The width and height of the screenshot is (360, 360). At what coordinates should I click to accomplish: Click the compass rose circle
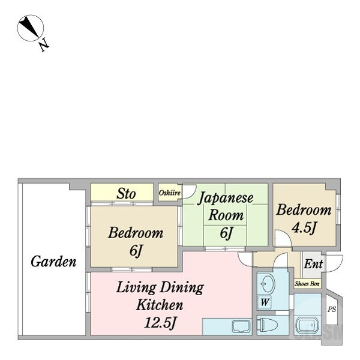coord(31,28)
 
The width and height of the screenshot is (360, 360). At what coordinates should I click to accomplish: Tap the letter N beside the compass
coord(44,44)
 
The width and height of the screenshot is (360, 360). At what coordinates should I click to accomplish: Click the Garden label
coord(53,262)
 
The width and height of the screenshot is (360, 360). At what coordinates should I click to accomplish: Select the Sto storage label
coord(126,194)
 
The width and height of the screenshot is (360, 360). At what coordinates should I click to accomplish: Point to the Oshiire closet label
coord(169,193)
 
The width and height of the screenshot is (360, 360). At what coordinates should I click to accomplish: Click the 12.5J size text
coord(161,323)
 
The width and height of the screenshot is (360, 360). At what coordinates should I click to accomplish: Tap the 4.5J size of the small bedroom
coord(304,228)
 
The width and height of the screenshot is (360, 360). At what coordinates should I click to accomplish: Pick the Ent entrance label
coord(313,264)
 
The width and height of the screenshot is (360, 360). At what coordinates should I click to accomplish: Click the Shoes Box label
coord(307,284)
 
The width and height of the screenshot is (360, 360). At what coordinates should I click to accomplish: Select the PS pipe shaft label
coord(332,310)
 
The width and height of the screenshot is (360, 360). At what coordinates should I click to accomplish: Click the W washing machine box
coord(265,302)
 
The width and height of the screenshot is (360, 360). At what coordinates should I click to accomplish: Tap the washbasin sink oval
coord(268,284)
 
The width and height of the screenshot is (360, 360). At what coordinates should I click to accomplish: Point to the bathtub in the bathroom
coord(308,325)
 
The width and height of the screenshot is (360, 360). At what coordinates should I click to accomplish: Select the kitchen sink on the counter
coord(241,326)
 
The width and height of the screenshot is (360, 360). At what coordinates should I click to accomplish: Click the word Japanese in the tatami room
coord(226,198)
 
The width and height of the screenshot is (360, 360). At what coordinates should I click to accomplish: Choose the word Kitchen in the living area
coord(160,305)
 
